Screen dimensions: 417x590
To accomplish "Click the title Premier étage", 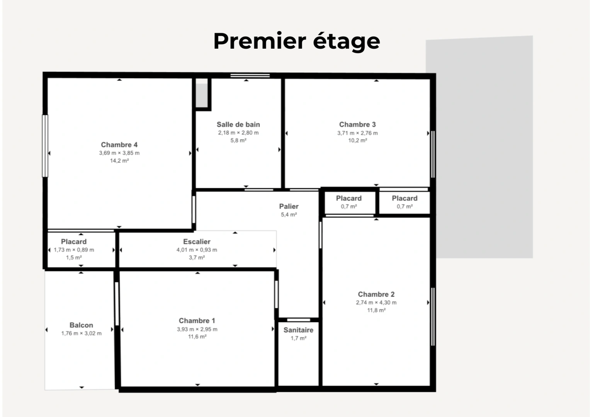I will (x=296, y=41).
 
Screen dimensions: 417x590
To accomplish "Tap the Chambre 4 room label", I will (x=119, y=145).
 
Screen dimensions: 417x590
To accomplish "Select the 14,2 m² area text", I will (x=119, y=161).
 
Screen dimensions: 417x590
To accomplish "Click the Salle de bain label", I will (x=238, y=124).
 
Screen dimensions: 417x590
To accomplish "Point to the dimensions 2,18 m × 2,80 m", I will (x=238, y=132).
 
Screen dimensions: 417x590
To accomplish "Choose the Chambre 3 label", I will (x=357, y=124).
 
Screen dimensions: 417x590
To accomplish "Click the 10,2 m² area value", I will (x=357, y=141).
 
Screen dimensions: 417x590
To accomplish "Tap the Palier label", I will (x=289, y=206).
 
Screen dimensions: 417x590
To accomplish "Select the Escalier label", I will (x=197, y=242).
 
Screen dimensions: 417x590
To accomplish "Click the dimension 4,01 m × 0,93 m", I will (x=197, y=250).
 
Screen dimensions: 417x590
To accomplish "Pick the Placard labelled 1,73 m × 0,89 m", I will (x=73, y=242).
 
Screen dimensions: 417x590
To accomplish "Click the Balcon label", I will (x=81, y=325).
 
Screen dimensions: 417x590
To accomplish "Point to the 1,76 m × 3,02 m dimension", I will (x=81, y=333).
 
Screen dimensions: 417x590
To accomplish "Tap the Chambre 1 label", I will (x=197, y=321).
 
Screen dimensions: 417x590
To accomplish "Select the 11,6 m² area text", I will (x=197, y=337).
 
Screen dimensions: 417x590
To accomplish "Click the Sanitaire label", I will (x=298, y=330).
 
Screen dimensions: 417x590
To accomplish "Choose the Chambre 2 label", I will (x=376, y=294).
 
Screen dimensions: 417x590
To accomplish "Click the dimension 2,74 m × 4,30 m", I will (x=376, y=302).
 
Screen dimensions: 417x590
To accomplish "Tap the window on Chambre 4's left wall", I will (x=45, y=146).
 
